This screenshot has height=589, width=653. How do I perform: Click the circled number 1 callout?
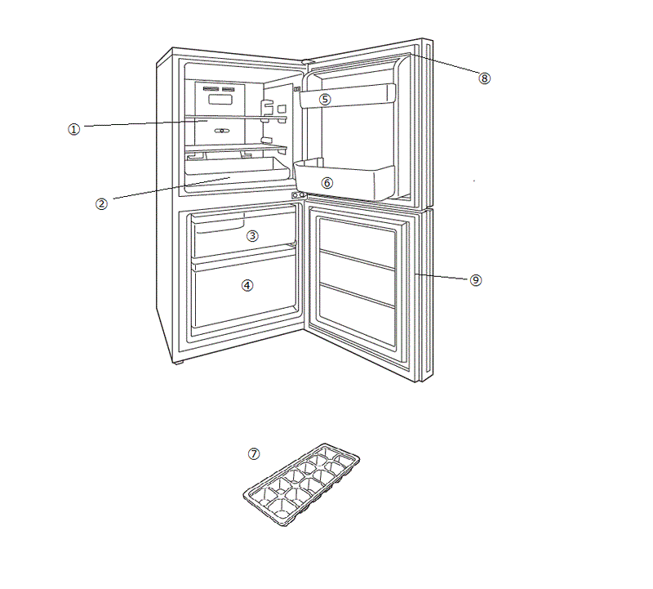point(74,129)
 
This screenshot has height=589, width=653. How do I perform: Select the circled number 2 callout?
point(102,204)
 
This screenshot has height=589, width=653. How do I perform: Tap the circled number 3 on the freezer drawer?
point(253,235)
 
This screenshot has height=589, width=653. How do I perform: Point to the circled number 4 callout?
point(247,285)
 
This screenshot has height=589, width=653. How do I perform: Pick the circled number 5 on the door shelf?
point(325,100)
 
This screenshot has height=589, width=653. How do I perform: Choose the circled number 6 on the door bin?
point(327,183)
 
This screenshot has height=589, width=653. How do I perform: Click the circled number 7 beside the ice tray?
point(254,453)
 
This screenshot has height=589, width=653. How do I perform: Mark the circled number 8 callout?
point(485,78)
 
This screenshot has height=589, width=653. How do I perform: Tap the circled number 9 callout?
point(476,280)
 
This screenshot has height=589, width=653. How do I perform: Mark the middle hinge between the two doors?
point(298,196)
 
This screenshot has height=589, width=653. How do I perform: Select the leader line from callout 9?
point(445,278)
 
